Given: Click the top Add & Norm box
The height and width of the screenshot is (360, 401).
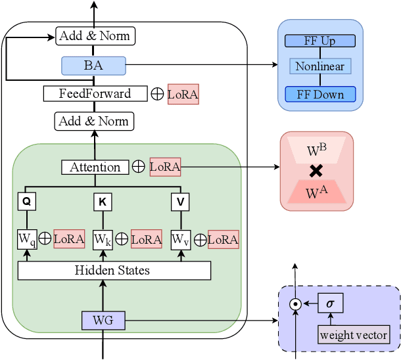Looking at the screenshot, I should pyautogui.click(x=95, y=35).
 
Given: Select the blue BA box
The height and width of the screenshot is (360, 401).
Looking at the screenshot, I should pyautogui.click(x=93, y=65).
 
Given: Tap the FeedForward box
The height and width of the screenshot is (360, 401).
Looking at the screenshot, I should pyautogui.click(x=95, y=93).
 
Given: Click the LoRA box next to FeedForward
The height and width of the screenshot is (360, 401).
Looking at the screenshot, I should pyautogui.click(x=183, y=94).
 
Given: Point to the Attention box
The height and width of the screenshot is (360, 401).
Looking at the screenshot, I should pyautogui.click(x=95, y=167).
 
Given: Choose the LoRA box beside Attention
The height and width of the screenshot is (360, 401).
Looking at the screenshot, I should pyautogui.click(x=164, y=167).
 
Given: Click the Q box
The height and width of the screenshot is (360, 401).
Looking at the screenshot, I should pyautogui.click(x=26, y=202).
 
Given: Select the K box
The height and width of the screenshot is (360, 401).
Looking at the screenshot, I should pyautogui.click(x=102, y=202).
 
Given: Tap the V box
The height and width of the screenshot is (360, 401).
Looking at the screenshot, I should pyautogui.click(x=179, y=202).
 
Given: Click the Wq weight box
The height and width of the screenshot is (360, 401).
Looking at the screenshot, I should pyautogui.click(x=26, y=239).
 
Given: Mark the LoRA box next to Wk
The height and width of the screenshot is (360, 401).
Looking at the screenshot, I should pyautogui.click(x=146, y=239).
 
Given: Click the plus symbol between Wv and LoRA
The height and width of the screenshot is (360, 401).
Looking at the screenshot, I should pyautogui.click(x=199, y=239).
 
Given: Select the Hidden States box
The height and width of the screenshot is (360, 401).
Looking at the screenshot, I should pyautogui.click(x=113, y=270).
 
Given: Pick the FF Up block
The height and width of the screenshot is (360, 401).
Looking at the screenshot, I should pyautogui.click(x=319, y=41).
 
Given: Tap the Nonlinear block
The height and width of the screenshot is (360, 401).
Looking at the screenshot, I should pyautogui.click(x=319, y=66).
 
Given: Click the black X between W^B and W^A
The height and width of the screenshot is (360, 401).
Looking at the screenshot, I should pyautogui.click(x=316, y=171).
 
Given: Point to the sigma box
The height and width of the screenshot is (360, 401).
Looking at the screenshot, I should pyautogui.click(x=331, y=304).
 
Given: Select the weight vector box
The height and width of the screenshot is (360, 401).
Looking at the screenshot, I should pyautogui.click(x=354, y=334).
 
